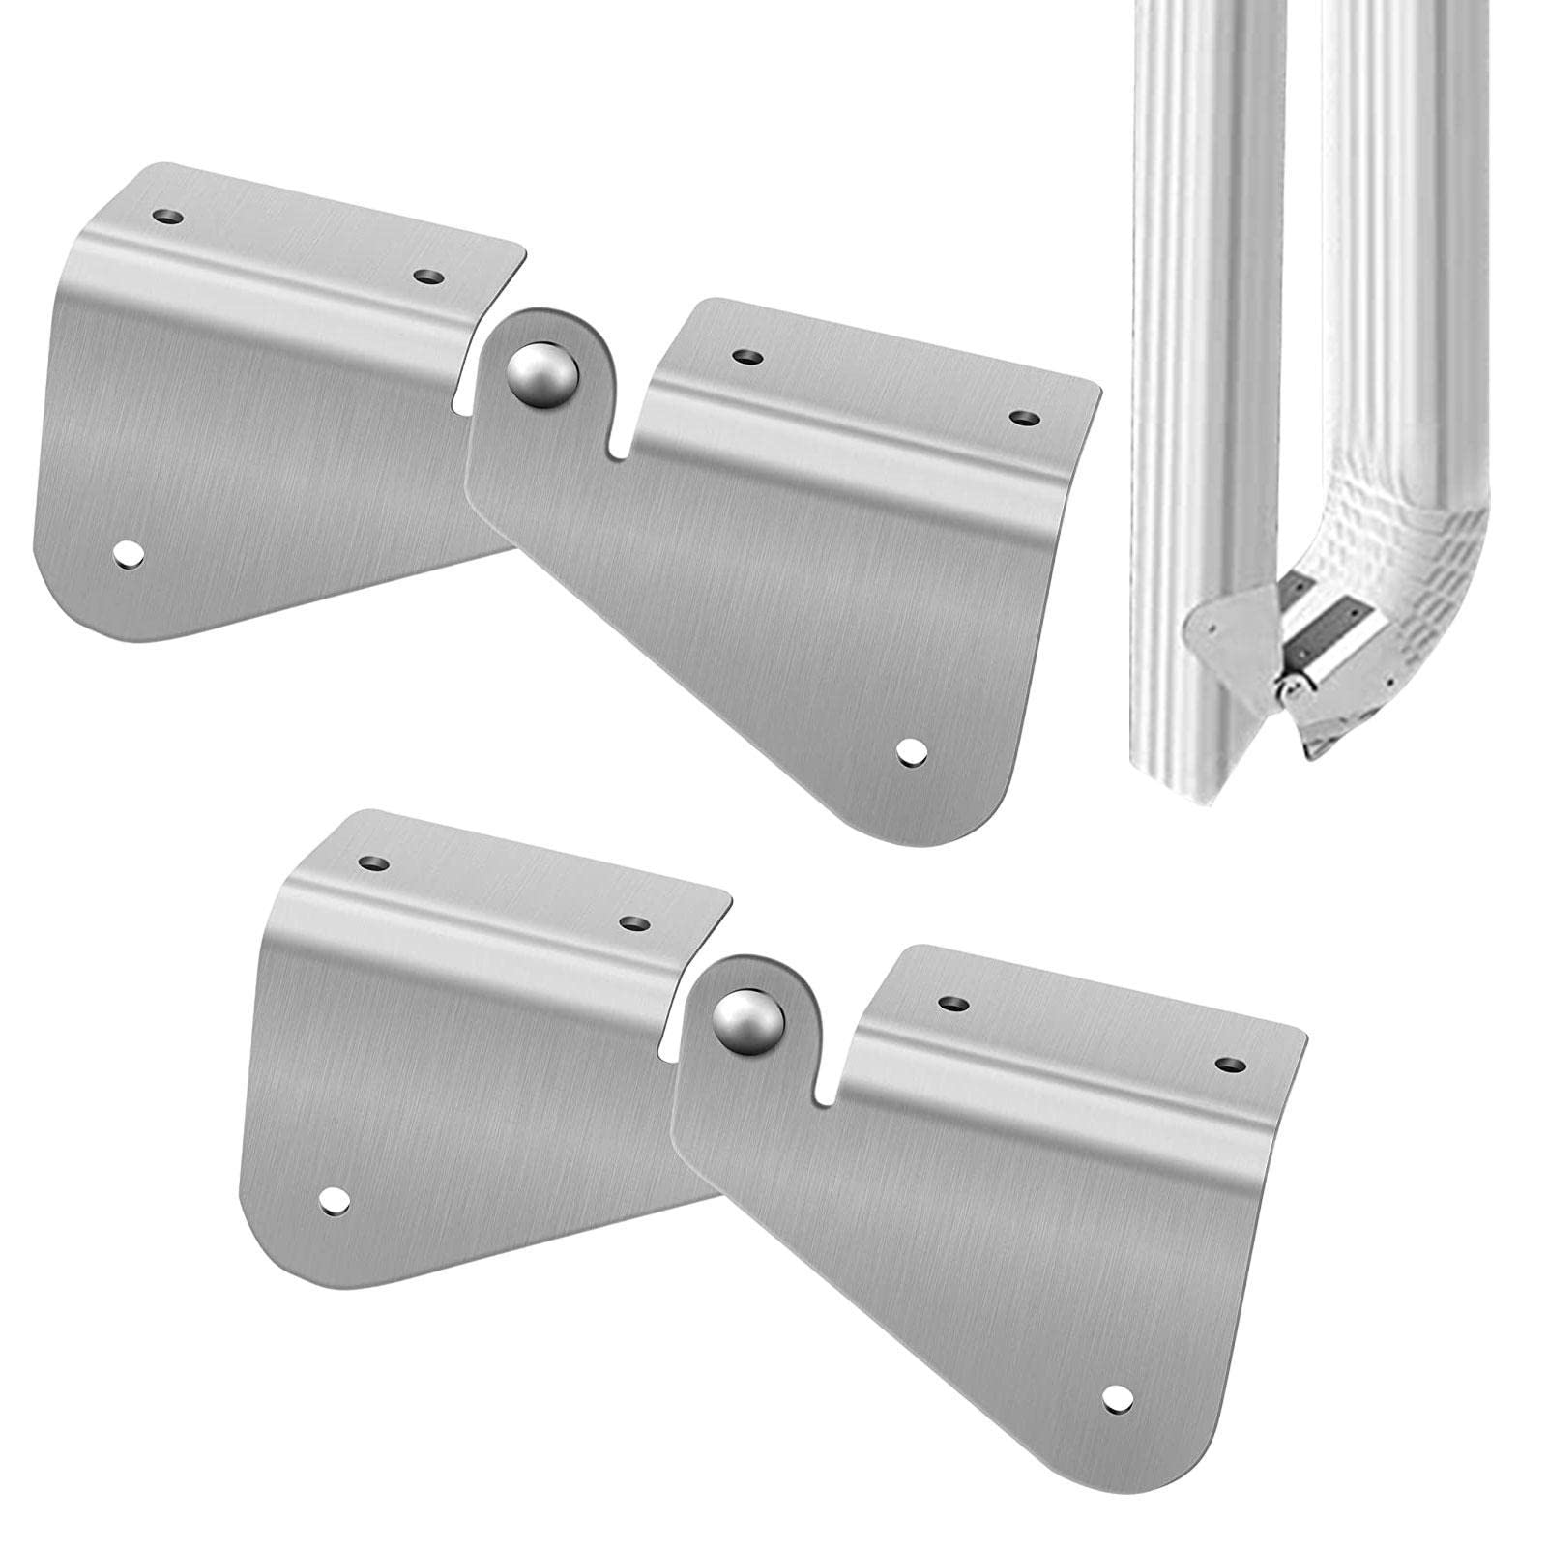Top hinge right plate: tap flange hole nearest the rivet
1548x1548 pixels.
coord(745,357)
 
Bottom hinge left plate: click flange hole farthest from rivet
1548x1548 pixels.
coord(372,862)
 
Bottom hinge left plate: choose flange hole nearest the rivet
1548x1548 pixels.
coord(633,923)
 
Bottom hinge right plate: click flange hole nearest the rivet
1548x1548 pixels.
coord(953,1004)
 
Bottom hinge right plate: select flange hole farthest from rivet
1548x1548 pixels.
coord(1229,1065)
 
